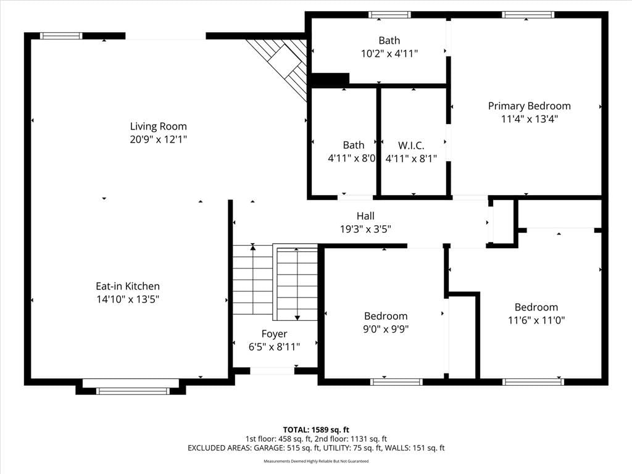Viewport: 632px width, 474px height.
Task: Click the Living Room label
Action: point(158,126)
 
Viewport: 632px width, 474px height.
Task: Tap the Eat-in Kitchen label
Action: point(128,286)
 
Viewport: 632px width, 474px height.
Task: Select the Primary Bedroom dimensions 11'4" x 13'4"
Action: point(529,119)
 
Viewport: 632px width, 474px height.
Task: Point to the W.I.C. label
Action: point(411,146)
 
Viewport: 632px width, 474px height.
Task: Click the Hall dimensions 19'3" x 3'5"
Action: point(365,229)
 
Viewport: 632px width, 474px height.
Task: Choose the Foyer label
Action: point(274,334)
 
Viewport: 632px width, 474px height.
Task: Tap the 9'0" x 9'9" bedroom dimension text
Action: point(386,329)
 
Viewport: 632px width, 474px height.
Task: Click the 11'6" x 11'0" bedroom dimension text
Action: point(536,320)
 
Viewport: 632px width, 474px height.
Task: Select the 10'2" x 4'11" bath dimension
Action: point(389,54)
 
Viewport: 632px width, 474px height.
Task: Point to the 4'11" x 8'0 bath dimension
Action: point(352,159)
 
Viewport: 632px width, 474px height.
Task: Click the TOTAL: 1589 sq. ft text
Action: point(316,430)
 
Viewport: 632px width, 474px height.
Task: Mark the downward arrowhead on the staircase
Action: point(297,318)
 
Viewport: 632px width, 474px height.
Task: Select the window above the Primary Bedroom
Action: point(528,15)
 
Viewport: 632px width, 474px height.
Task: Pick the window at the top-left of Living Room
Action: point(61,36)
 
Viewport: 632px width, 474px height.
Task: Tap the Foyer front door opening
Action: point(272,371)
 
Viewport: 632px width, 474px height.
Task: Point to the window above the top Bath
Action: point(390,15)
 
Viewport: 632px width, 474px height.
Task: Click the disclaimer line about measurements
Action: point(316,461)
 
